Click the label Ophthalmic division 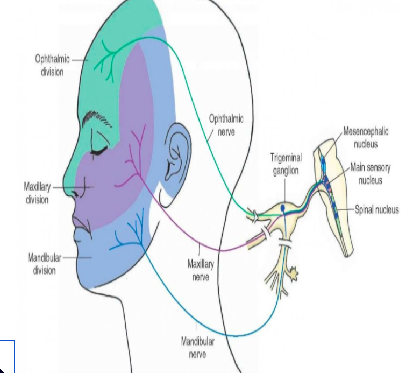[x=52, y=65]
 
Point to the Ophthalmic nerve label [x=226, y=125]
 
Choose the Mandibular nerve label [x=197, y=347]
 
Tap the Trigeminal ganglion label [x=286, y=163]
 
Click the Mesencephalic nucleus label [x=366, y=137]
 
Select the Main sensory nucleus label [x=371, y=173]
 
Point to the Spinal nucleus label [x=376, y=209]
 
